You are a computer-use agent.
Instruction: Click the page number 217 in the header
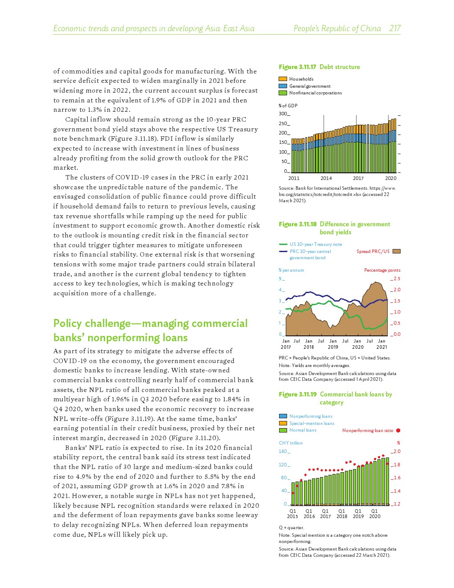pos(395,29)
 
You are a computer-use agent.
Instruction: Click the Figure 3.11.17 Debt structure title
pos(319,67)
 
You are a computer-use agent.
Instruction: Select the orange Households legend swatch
pos(283,79)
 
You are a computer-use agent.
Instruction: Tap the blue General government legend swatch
pos(283,86)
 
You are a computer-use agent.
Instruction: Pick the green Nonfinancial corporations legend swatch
pos(283,93)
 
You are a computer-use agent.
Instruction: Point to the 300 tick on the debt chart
pos(283,114)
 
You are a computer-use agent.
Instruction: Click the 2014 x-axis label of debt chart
pos(326,178)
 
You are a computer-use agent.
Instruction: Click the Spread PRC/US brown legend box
pos(397,251)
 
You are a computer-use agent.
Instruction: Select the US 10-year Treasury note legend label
pos(316,244)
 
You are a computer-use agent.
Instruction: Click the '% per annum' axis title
pos(291,270)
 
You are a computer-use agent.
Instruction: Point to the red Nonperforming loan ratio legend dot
pos(398,430)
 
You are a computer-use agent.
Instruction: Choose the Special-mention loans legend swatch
pos(283,423)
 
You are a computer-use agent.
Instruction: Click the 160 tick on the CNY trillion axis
pos(283,452)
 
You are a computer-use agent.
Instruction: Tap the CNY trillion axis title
pos(291,443)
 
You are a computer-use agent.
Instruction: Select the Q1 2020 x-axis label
pos(375,514)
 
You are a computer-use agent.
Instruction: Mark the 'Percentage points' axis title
pos(382,270)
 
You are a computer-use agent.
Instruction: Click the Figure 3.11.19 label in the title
pos(297,394)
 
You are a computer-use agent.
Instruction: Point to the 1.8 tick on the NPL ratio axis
pos(397,465)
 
